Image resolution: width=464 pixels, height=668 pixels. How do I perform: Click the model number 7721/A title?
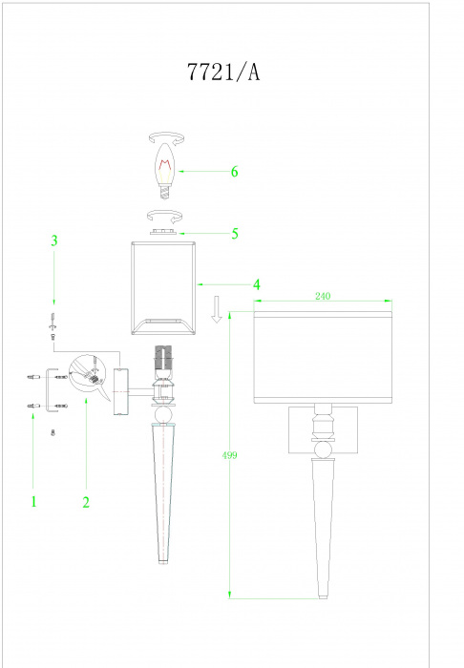coord(223,72)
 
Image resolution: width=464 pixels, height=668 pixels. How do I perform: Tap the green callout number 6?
coord(234,172)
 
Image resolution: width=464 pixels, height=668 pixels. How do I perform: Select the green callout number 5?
coord(235,234)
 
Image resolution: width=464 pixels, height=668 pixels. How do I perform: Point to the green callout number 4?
coord(257,284)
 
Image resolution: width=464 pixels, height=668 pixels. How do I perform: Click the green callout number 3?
coord(54,240)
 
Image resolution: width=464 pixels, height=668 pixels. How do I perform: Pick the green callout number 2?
coord(86,502)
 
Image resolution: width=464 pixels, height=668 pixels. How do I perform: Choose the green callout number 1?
coord(33,501)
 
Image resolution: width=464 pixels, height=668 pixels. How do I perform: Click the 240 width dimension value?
coord(323,296)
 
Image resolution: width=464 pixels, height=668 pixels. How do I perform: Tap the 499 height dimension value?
coord(229,455)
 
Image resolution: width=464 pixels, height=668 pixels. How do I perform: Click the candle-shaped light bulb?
coord(166,171)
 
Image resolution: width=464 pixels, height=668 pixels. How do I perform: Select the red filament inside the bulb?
coord(166,165)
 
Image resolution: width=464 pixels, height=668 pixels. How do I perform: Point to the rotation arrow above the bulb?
coord(166,137)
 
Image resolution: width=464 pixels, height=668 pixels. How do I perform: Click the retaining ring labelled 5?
coord(162,232)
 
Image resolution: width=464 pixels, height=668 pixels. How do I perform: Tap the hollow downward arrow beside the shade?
coord(217,309)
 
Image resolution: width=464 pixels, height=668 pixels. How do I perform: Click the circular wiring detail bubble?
coord(87,371)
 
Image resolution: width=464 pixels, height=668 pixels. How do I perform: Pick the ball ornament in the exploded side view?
coord(163,414)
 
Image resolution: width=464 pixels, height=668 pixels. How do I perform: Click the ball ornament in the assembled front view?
coord(323,449)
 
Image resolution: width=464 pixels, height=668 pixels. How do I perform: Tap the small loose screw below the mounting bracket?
coord(53,433)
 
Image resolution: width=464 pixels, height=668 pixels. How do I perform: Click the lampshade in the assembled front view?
coord(323,358)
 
